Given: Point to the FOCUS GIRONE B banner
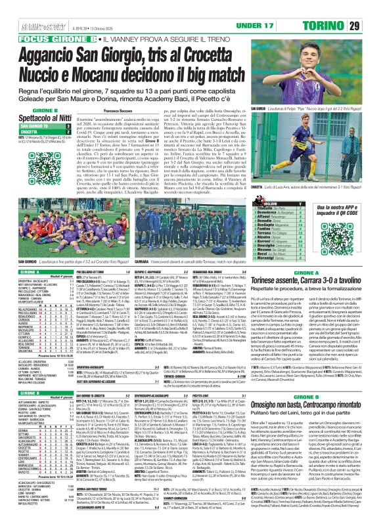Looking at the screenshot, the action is tap(43, 21).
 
